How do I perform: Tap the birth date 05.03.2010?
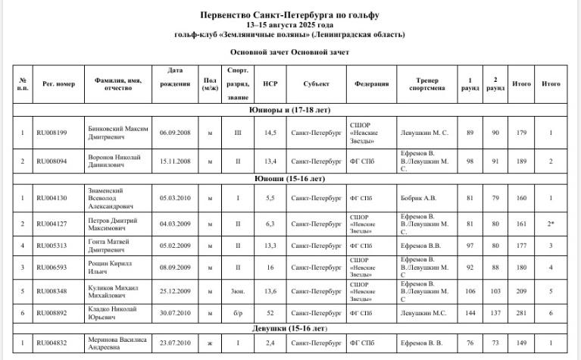pyautogui.click(x=174, y=198)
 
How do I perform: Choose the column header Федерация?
pyautogui.click(x=372, y=83)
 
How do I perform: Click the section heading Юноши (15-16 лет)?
pyautogui.click(x=290, y=179)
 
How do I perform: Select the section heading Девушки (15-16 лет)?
pyautogui.click(x=290, y=329)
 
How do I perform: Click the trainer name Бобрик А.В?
pyautogui.click(x=417, y=198)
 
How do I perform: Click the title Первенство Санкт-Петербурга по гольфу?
pyautogui.click(x=290, y=15)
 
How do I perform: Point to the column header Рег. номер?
pyautogui.click(x=58, y=83)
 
